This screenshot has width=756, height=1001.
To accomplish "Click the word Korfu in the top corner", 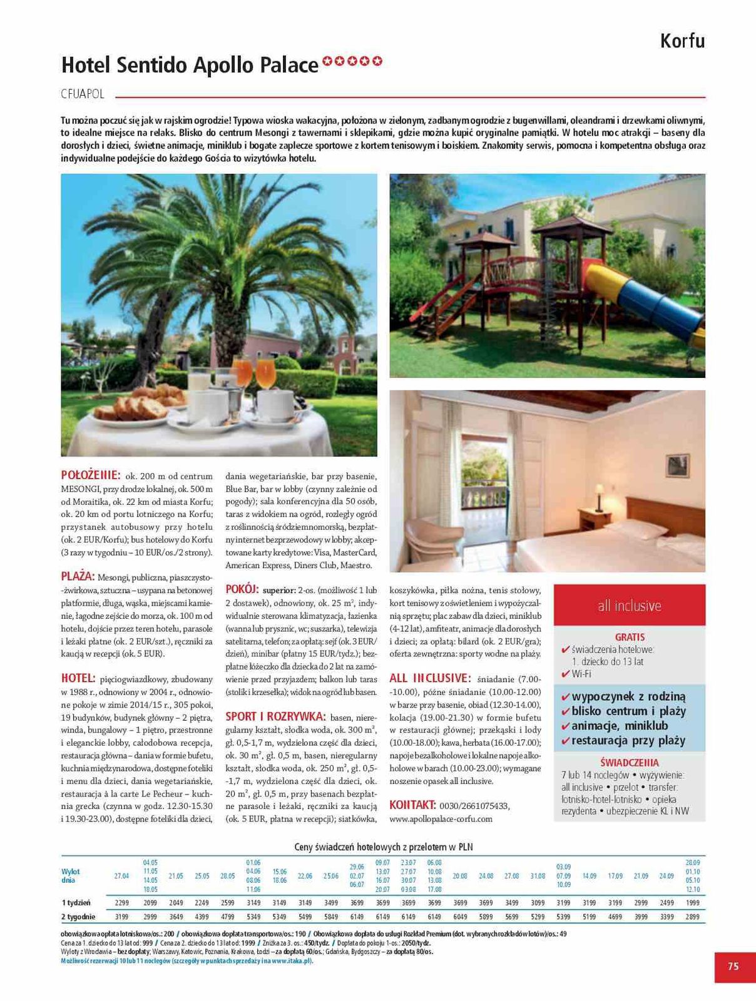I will (x=682, y=41).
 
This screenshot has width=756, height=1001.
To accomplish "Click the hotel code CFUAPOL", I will (x=83, y=94).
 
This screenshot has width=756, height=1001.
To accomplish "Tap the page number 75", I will (x=733, y=966).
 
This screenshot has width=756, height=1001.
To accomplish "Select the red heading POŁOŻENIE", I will (x=91, y=475).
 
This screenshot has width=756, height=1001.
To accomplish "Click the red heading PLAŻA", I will (x=78, y=576).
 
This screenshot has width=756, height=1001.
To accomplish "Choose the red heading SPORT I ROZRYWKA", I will (x=275, y=716).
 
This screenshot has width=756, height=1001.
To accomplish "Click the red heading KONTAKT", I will (x=412, y=805).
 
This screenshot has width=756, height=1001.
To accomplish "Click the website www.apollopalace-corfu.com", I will (x=441, y=818).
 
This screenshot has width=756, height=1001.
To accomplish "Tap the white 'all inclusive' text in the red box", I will (x=629, y=606).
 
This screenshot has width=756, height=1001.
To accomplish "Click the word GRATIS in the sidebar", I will (x=630, y=637).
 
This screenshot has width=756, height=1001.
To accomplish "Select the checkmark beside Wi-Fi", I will (x=566, y=674).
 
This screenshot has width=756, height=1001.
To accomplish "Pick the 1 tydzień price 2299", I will (x=122, y=903).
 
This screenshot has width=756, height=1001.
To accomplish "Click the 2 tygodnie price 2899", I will (x=692, y=917).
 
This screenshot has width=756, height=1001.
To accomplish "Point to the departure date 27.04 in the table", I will (x=122, y=876).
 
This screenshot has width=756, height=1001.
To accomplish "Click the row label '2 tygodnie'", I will (x=78, y=917).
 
